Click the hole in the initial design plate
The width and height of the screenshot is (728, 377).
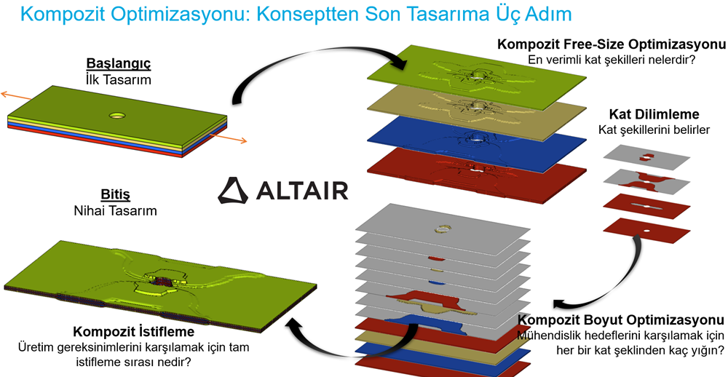[x=116, y=114]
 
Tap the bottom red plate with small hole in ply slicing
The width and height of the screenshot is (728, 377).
[x=647, y=230]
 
